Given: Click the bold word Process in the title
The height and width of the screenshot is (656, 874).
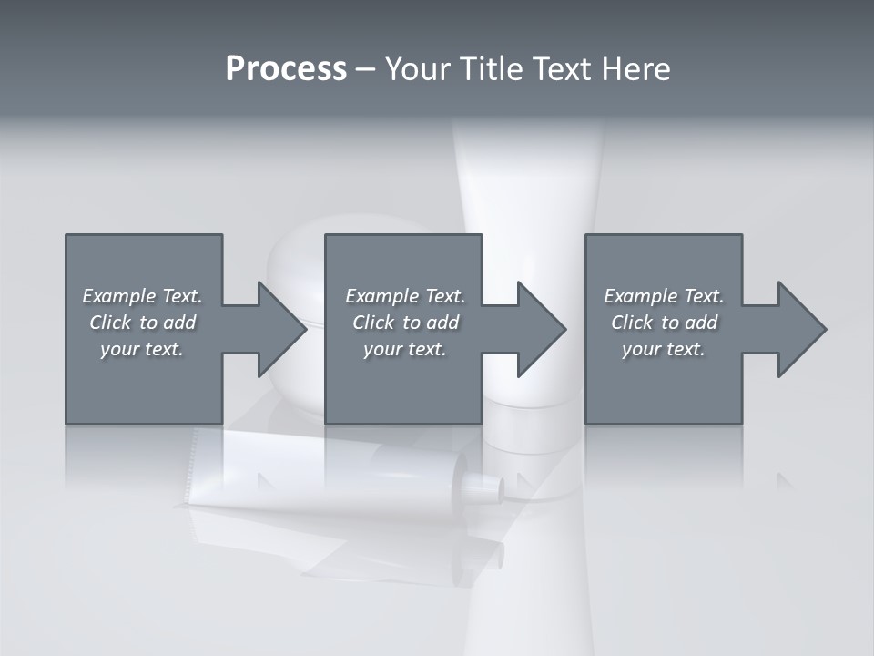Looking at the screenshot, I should click(x=286, y=69).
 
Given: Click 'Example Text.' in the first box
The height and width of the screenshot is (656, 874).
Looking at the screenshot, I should click(x=142, y=296).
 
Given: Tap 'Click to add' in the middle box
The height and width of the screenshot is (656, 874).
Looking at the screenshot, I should click(x=405, y=323).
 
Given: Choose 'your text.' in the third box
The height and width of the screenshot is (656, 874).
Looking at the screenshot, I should click(x=664, y=349).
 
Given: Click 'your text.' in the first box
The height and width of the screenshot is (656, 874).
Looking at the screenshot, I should click(x=142, y=349).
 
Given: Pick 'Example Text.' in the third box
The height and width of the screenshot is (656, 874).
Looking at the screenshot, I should click(x=664, y=296).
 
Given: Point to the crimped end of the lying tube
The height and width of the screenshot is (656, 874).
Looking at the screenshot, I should click(x=195, y=465).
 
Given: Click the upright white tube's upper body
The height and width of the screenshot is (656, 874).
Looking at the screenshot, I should click(x=528, y=182).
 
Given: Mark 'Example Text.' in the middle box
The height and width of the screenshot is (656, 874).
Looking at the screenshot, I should click(x=405, y=296).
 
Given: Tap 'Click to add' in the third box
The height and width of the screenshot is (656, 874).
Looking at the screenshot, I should click(x=664, y=323).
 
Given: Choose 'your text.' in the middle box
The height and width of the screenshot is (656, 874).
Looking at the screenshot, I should click(x=405, y=349).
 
